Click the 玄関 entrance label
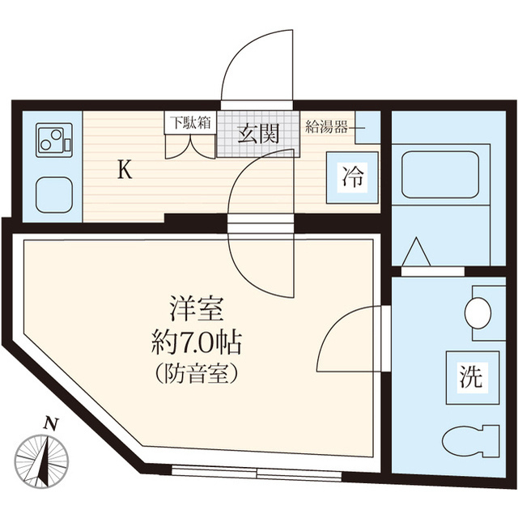pyautogui.click(x=258, y=134)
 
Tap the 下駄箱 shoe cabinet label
pyautogui.click(x=189, y=123)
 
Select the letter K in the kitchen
pyautogui.click(x=124, y=170)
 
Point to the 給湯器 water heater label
pyautogui.click(x=327, y=125)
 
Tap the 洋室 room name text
pyautogui.click(x=197, y=308)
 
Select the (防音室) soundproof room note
pyautogui.click(x=197, y=375)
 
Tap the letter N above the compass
pyautogui.click(x=52, y=422)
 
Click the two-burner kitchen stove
pyautogui.click(x=53, y=141)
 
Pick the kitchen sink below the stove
pyautogui.click(x=54, y=195)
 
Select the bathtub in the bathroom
pyautogui.click(x=440, y=174)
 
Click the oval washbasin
pyautogui.click(x=479, y=312)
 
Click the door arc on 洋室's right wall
pyautogui.click(x=344, y=340)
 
